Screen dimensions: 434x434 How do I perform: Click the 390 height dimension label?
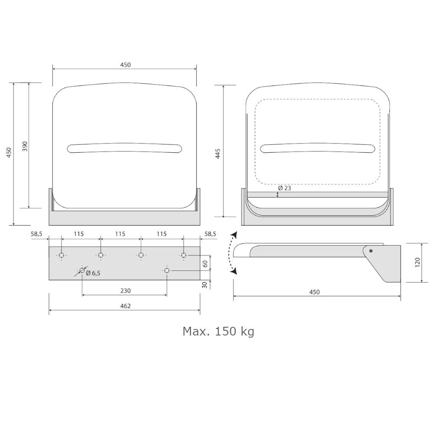coord(25,146)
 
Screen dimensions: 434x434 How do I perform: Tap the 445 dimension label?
coord(218,154)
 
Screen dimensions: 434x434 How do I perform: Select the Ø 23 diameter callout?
coord(285,188)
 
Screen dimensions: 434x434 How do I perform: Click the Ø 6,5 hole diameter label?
coord(93,273)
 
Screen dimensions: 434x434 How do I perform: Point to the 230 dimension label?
coord(125,291)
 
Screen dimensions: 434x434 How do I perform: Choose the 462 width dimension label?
coord(125,306)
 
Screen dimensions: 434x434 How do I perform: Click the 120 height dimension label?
coord(418,263)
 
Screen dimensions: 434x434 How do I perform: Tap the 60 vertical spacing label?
coord(205,264)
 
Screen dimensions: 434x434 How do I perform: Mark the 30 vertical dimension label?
coord(204,285)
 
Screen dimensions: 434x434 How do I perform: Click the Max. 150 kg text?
coord(218,331)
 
